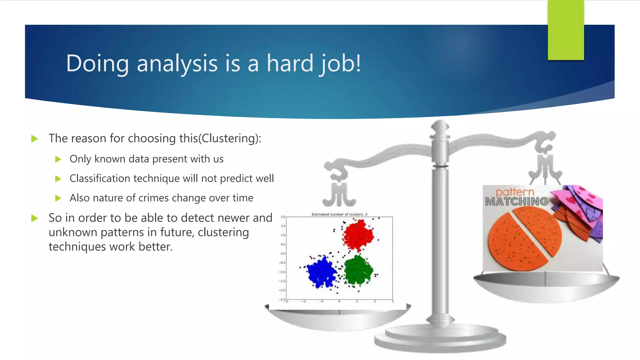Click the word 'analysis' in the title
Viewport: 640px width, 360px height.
(x=177, y=63)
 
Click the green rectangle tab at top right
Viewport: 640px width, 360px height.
(x=566, y=30)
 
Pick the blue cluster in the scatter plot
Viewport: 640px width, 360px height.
(x=321, y=272)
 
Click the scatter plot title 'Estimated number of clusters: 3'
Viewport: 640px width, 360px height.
(x=339, y=214)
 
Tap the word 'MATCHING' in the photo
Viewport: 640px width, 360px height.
(x=517, y=202)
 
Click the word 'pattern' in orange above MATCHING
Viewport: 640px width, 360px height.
(x=515, y=192)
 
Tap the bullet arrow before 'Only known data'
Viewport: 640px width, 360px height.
(x=58, y=159)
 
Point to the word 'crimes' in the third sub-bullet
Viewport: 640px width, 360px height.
(x=153, y=198)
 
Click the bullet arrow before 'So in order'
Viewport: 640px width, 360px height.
(x=35, y=218)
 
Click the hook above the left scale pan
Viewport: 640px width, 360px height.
(x=339, y=194)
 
